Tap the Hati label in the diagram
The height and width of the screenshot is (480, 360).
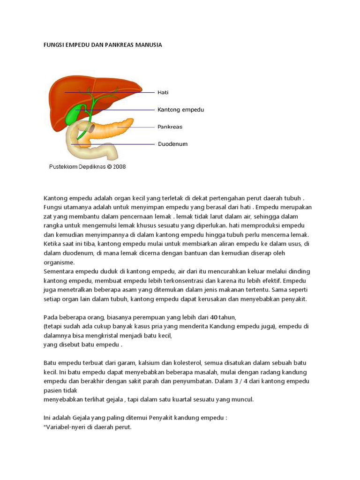pos(163,93)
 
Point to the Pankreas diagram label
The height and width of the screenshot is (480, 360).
pos(170,127)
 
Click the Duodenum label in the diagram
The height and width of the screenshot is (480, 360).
pos(172,144)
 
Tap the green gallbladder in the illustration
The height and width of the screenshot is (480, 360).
pos(74,115)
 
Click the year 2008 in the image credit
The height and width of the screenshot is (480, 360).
pos(119,166)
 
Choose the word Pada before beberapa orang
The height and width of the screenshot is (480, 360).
pos(51,317)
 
